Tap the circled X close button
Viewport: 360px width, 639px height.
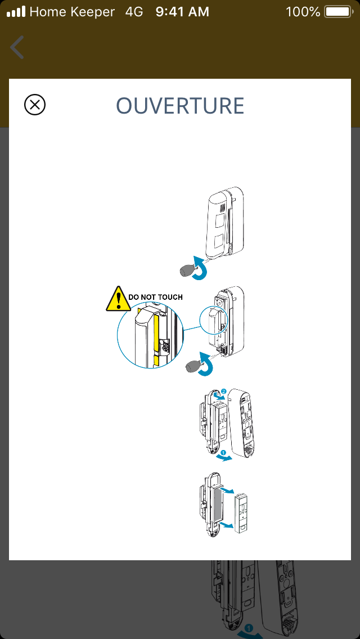(35, 105)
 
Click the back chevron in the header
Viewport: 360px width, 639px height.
(17, 47)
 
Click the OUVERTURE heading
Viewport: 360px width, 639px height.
(180, 106)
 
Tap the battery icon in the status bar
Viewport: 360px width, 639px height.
(337, 11)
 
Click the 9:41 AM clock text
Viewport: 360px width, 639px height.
(182, 11)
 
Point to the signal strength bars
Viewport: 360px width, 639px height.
(16, 11)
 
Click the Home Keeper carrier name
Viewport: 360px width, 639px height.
(72, 11)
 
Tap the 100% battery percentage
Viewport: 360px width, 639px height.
(303, 11)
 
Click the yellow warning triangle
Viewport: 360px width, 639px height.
(116, 299)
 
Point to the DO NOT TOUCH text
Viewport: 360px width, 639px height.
(156, 297)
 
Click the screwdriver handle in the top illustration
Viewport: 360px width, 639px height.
(187, 271)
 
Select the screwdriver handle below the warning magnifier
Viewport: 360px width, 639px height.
(225, 369)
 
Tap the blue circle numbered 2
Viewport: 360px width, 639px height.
(223, 391)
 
